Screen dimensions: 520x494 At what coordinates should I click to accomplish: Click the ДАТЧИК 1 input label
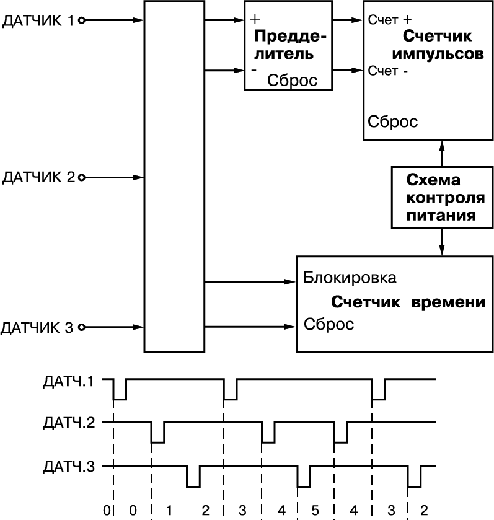pos(38,20)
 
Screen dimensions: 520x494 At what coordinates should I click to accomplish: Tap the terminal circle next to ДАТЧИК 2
pos(81,178)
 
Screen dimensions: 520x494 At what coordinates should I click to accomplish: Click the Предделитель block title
pos(291,45)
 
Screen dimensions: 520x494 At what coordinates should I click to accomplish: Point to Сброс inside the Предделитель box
pos(292,81)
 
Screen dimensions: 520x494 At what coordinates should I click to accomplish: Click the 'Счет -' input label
pos(387,71)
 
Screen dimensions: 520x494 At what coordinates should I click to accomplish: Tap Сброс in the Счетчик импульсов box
pos(393,121)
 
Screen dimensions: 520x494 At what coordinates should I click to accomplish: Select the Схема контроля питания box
pos(441,198)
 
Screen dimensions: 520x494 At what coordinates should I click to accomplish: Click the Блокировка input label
pos(350,278)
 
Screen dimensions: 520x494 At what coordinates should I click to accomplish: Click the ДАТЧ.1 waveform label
pos(69,381)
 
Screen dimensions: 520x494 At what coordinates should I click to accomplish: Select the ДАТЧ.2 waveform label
pos(69,424)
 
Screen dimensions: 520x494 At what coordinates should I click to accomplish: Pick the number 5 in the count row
pos(315,510)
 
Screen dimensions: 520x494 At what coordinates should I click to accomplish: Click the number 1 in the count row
pos(169,510)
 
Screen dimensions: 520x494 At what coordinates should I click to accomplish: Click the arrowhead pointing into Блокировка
pos(291,283)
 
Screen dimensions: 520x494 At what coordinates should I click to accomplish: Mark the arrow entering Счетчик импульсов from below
pos(442,147)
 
